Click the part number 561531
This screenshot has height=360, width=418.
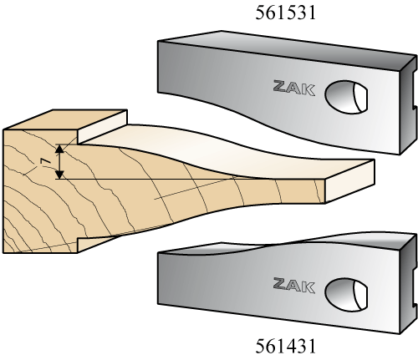coord(286,13)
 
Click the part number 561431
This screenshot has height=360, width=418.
coord(286,346)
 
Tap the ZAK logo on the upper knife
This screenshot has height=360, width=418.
coord(294,88)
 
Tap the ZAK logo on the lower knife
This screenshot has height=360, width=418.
coord(294,286)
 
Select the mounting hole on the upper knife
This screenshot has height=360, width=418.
coord(346,97)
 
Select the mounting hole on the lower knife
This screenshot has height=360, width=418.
coord(346,295)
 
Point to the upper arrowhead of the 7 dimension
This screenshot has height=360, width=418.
coord(59,149)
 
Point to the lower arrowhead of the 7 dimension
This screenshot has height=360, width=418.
coord(59,175)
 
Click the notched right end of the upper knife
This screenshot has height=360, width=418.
coord(409,104)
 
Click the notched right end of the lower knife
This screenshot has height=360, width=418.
coord(409,284)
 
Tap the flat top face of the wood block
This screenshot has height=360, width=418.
coord(65,119)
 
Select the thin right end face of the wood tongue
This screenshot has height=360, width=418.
coord(349,181)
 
